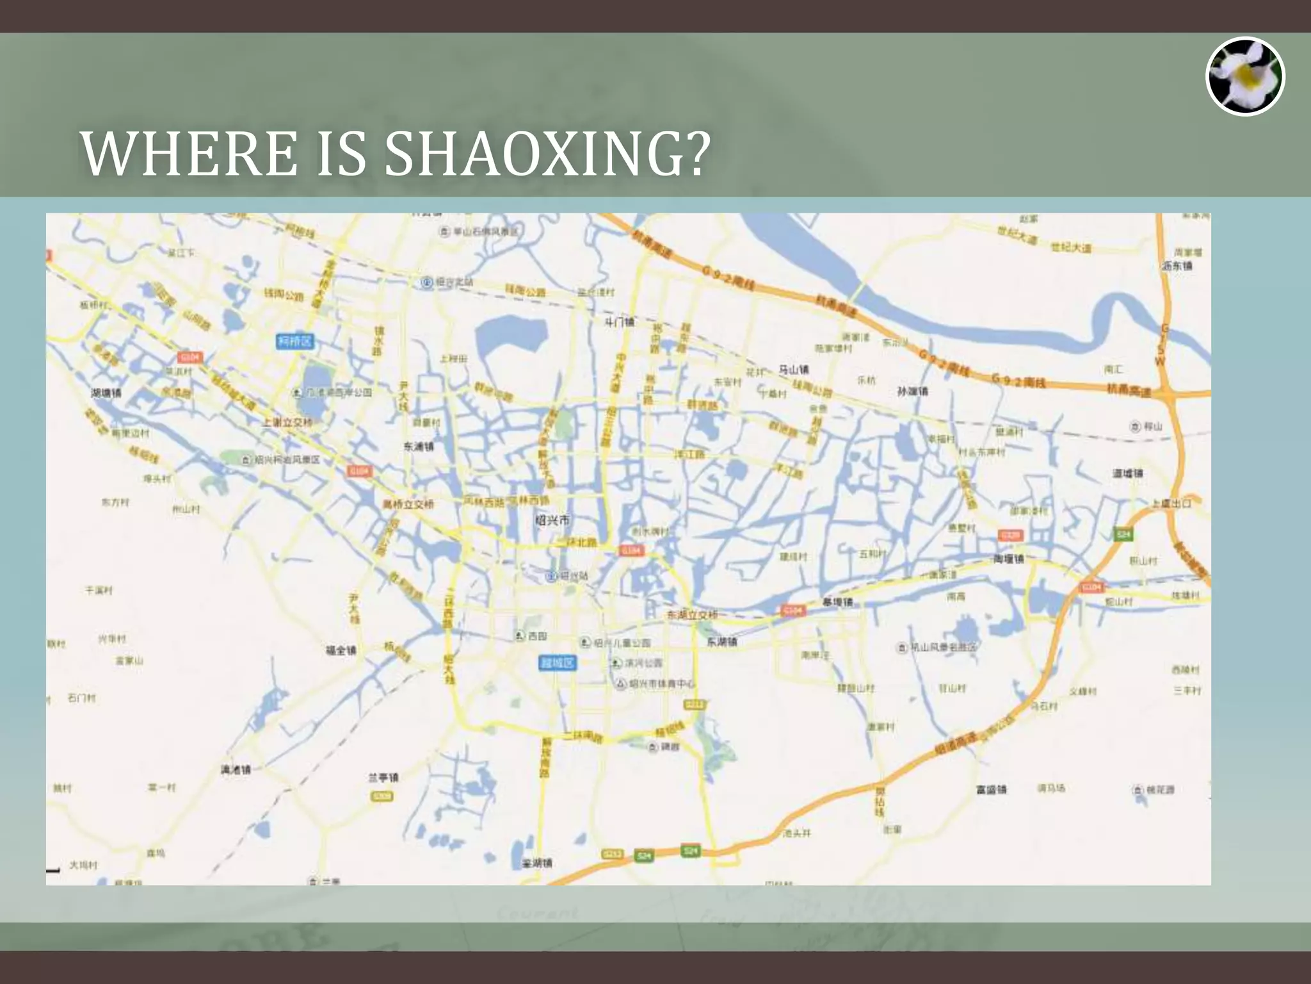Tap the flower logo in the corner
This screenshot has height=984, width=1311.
(x=1245, y=76)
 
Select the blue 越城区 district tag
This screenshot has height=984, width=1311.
(x=558, y=662)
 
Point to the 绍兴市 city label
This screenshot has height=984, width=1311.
(x=552, y=520)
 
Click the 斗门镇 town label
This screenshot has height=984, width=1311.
(x=619, y=322)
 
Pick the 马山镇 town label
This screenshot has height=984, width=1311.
(x=794, y=370)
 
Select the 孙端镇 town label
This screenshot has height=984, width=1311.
(x=912, y=391)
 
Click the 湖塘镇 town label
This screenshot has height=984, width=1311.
(x=106, y=393)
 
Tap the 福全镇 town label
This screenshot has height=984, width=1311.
(x=341, y=650)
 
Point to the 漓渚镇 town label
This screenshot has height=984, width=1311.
(x=236, y=769)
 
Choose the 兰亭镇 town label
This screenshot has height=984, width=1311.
(x=383, y=778)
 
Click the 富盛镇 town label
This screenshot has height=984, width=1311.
(x=991, y=789)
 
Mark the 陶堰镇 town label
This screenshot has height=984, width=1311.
(x=1008, y=559)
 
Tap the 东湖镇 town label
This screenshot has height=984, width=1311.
(x=721, y=641)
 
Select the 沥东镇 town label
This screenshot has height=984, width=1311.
(x=1177, y=266)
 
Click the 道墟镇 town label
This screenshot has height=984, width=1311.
(x=1127, y=473)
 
